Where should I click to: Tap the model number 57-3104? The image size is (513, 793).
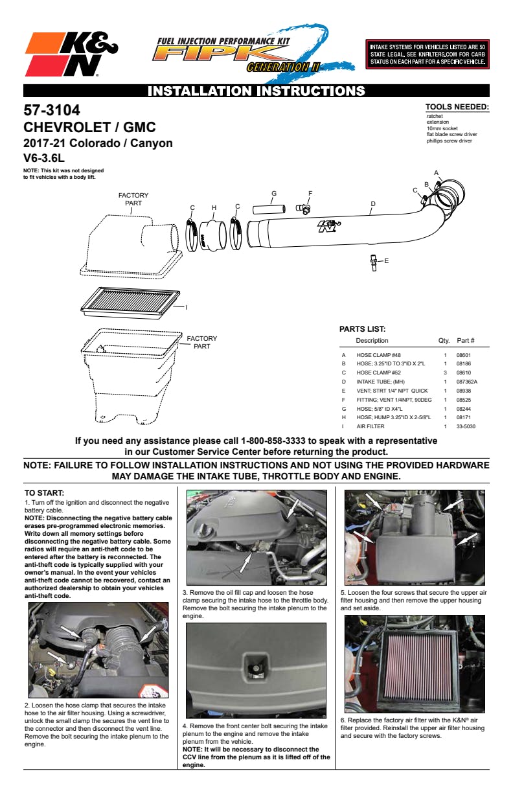52,111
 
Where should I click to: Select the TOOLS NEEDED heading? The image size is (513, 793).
457,107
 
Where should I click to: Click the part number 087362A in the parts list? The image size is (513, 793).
467,382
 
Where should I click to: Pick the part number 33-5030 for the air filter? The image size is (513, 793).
466,427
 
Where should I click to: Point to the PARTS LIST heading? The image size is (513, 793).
362,329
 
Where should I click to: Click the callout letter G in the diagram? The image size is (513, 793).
274,193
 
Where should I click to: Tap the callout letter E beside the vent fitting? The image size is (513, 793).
387,260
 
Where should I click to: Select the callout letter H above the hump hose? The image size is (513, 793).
214,207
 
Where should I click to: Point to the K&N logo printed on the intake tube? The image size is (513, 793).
328,226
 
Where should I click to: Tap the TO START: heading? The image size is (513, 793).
44,493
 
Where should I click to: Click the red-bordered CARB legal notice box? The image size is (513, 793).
427,53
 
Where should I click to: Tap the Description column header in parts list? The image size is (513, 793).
372,341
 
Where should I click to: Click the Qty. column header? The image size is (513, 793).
444,341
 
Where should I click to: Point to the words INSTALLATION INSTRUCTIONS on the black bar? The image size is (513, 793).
256,91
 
